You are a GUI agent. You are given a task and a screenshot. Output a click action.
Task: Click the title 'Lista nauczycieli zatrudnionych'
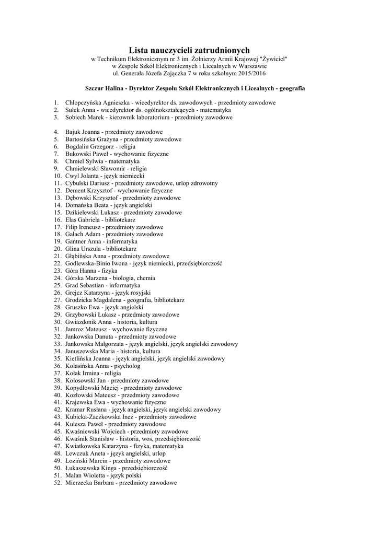tap(189, 49)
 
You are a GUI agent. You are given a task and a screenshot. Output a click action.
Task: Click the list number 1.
tap(55, 103)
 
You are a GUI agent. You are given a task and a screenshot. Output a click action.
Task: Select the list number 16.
tap(57, 220)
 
